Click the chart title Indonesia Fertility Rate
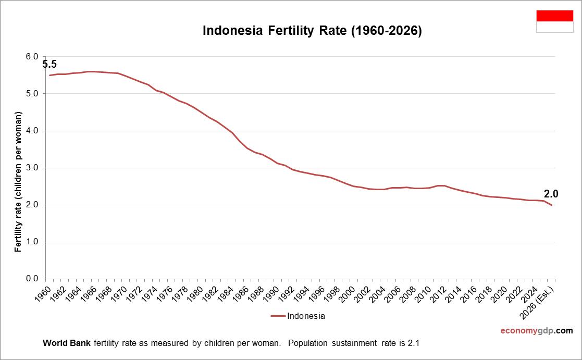[x=312, y=31]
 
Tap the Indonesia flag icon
[x=554, y=21]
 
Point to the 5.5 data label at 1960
[x=49, y=65]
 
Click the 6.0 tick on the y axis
[x=32, y=57]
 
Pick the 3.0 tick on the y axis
[x=32, y=168]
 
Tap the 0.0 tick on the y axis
[x=32, y=279]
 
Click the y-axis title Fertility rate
[x=18, y=181]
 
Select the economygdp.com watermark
[x=536, y=330]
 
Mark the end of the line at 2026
[x=552, y=205]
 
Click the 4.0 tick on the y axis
[x=32, y=131]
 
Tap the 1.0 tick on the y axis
[x=32, y=242]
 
